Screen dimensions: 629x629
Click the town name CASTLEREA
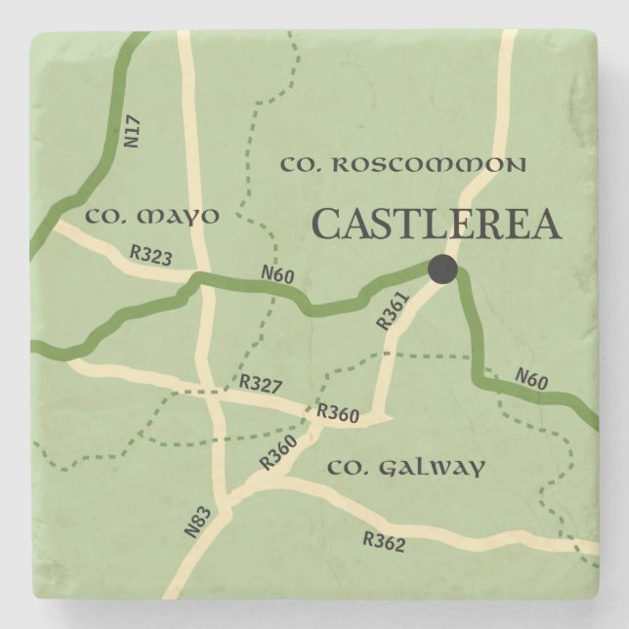[436, 224]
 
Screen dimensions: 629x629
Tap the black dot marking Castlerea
[442, 269]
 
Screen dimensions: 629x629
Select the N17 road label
[134, 132]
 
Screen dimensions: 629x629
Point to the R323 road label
[150, 257]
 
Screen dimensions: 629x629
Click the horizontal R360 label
[338, 415]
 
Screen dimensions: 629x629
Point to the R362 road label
[383, 540]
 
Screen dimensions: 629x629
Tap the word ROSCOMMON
[428, 164]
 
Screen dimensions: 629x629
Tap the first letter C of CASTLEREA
[327, 225]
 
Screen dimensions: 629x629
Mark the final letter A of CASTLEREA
[547, 225]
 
